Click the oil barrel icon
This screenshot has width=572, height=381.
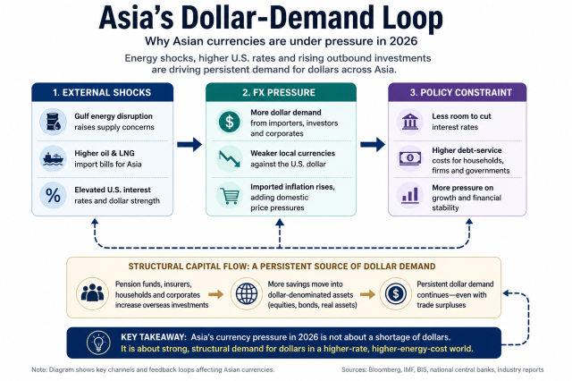pos(53,122)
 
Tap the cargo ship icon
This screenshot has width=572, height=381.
pos(53,159)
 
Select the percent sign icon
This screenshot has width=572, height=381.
pos(53,195)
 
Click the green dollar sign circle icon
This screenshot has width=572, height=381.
pos(229,122)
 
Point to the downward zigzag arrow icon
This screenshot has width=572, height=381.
pos(229,158)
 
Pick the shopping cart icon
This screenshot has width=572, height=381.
pos(230,196)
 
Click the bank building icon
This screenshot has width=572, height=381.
pos(410,122)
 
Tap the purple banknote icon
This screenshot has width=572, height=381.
pos(410,158)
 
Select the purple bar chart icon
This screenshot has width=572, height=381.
pos(410,196)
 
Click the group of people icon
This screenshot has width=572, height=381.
pos(92,293)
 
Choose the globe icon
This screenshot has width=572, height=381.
pos(247,293)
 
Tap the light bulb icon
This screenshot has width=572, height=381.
pos(98,343)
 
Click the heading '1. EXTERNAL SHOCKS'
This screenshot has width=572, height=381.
pos(102,93)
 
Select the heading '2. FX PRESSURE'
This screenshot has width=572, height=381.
pos(279,93)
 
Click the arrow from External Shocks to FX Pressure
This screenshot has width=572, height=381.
pos(189,145)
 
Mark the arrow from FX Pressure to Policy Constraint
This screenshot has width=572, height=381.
pos(373,145)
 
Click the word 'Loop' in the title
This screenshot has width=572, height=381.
pos(408,18)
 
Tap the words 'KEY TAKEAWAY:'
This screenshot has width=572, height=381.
pos(154,337)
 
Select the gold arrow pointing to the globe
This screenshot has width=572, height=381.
pos(216,294)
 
